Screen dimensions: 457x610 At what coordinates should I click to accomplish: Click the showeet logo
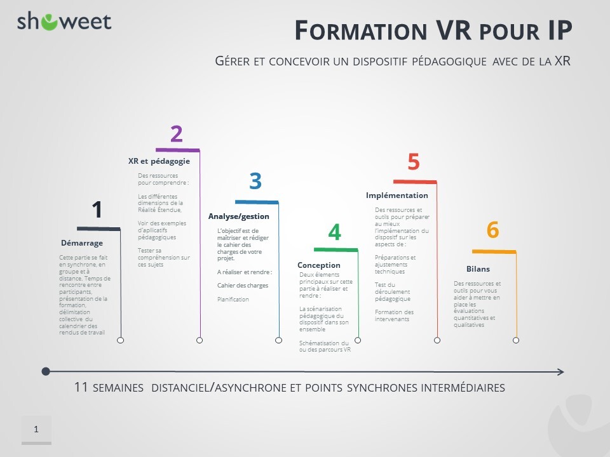click(x=64, y=22)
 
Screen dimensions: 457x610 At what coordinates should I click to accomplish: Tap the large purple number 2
click(x=177, y=134)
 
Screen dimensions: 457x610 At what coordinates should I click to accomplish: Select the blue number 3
click(x=255, y=182)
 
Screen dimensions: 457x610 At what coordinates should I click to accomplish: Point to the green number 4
click(x=334, y=232)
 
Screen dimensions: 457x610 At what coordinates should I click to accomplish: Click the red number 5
click(x=414, y=162)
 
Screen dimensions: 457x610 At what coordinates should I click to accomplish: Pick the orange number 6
click(x=492, y=230)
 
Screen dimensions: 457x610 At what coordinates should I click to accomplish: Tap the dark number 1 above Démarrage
click(x=97, y=209)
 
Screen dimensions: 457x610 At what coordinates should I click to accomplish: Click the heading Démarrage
click(x=81, y=242)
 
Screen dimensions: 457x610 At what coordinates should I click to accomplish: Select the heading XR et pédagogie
click(x=159, y=161)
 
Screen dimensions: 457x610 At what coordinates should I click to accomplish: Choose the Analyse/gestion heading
click(x=239, y=216)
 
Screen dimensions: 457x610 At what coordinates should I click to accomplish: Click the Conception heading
click(x=319, y=265)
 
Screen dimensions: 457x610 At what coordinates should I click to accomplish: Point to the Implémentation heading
click(x=397, y=195)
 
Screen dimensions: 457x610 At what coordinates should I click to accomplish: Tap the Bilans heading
click(x=478, y=269)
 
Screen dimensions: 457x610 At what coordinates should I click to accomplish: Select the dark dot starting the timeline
click(x=45, y=371)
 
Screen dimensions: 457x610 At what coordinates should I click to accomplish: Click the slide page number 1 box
click(x=36, y=430)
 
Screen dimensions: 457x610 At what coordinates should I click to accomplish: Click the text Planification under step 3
click(x=233, y=299)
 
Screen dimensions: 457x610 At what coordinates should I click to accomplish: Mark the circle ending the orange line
click(x=516, y=340)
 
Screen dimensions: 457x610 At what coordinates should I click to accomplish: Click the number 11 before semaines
click(x=81, y=387)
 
